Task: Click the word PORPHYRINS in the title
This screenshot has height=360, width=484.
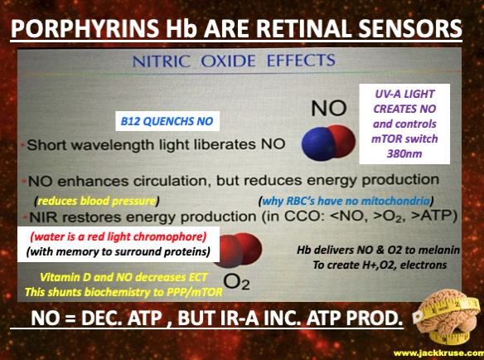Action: pos(85,28)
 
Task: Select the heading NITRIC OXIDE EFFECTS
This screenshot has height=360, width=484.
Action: pos(234,61)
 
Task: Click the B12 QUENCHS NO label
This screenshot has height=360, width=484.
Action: pos(167,121)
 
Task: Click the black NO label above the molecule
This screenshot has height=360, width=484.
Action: pos(329,108)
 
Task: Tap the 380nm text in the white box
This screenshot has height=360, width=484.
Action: pos(404,153)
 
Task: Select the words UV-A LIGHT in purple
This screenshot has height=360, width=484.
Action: pos(404,94)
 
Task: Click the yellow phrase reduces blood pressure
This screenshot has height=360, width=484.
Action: pos(97,202)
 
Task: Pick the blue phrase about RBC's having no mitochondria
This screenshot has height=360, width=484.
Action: pos(346,202)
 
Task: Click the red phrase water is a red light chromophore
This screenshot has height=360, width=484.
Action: pos(119,237)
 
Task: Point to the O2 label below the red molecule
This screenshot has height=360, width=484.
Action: pos(236,281)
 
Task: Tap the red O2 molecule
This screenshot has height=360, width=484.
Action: pos(239,250)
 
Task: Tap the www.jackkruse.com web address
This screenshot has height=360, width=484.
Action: pos(438,353)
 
